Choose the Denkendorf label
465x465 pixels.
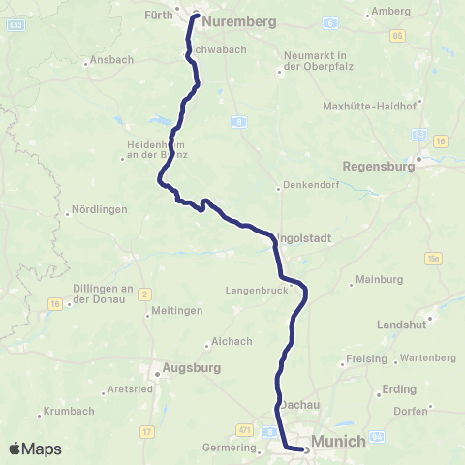click(x=310, y=187)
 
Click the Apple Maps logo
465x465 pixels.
click(x=35, y=449)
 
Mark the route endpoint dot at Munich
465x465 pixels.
click(x=305, y=449)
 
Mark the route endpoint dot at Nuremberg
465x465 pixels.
click(x=196, y=15)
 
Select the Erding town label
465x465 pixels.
click(x=399, y=389)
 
